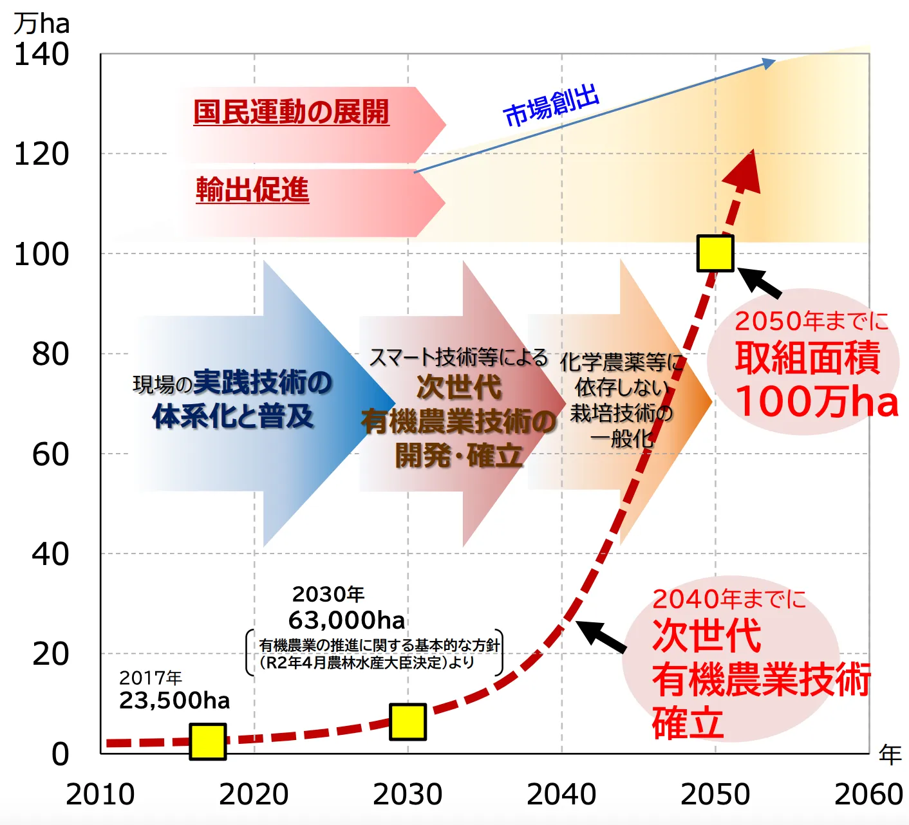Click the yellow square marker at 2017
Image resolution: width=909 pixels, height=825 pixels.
pyautogui.click(x=207, y=741)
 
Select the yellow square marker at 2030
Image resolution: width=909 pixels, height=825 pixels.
pyautogui.click(x=408, y=722)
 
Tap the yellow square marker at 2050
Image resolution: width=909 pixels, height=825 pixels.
pyautogui.click(x=715, y=253)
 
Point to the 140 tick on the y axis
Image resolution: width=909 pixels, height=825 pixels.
pyautogui.click(x=41, y=55)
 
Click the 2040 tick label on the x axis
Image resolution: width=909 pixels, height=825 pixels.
pyautogui.click(x=561, y=794)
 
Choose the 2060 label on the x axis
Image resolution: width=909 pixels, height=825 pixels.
pyautogui.click(x=868, y=794)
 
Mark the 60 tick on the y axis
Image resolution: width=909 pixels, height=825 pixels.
pyautogui.click(x=50, y=454)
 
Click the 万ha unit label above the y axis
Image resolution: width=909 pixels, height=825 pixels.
pyautogui.click(x=41, y=24)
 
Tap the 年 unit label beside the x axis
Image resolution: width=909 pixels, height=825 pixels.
pyautogui.click(x=890, y=754)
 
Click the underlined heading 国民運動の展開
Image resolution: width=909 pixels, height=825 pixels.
pyautogui.click(x=291, y=112)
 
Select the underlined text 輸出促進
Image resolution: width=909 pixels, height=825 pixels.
pyautogui.click(x=252, y=190)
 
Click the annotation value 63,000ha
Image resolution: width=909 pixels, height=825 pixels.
pyautogui.click(x=347, y=620)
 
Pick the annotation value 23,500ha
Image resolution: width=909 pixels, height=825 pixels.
pyautogui.click(x=174, y=700)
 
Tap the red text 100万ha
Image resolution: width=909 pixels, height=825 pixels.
pyautogui.click(x=816, y=402)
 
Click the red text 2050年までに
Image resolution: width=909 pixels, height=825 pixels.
pyautogui.click(x=811, y=320)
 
